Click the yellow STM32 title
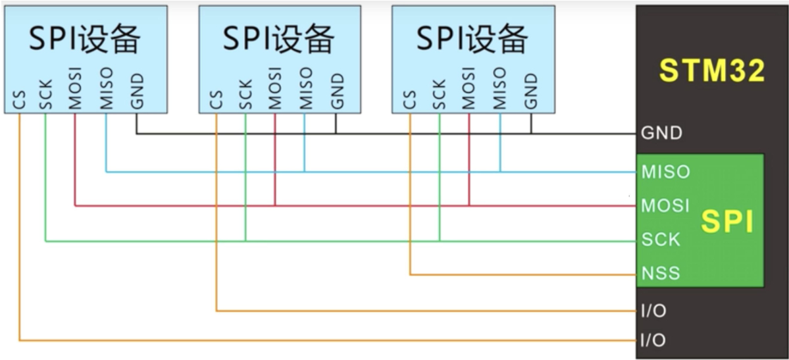[712, 70]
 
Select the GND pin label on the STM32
[661, 133]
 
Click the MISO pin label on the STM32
[666, 172]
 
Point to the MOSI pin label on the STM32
[666, 205]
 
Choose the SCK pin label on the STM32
[661, 240]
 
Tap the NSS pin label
[661, 272]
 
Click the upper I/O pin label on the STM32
[653, 310]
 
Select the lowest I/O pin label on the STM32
[653, 340]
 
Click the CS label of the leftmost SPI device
[18, 100]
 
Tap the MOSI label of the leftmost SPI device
[76, 88]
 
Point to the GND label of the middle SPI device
[336, 91]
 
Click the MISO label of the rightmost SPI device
[499, 88]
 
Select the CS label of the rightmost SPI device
[409, 100]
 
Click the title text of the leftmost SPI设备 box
[84, 40]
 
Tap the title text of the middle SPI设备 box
[279, 39]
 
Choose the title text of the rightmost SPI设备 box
[472, 39]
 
